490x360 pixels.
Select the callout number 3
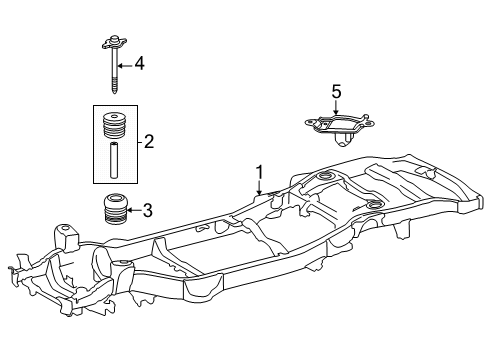[x=147, y=210]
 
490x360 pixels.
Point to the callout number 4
[x=140, y=64]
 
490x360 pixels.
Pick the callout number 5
[x=336, y=92]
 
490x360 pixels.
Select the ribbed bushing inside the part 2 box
[x=115, y=128]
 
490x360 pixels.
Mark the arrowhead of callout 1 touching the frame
[x=259, y=194]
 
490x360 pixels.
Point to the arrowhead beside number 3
[x=130, y=210]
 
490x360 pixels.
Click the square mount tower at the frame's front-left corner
[x=69, y=240]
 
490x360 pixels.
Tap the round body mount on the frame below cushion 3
[x=121, y=264]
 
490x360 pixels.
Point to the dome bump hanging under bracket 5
[x=343, y=141]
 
